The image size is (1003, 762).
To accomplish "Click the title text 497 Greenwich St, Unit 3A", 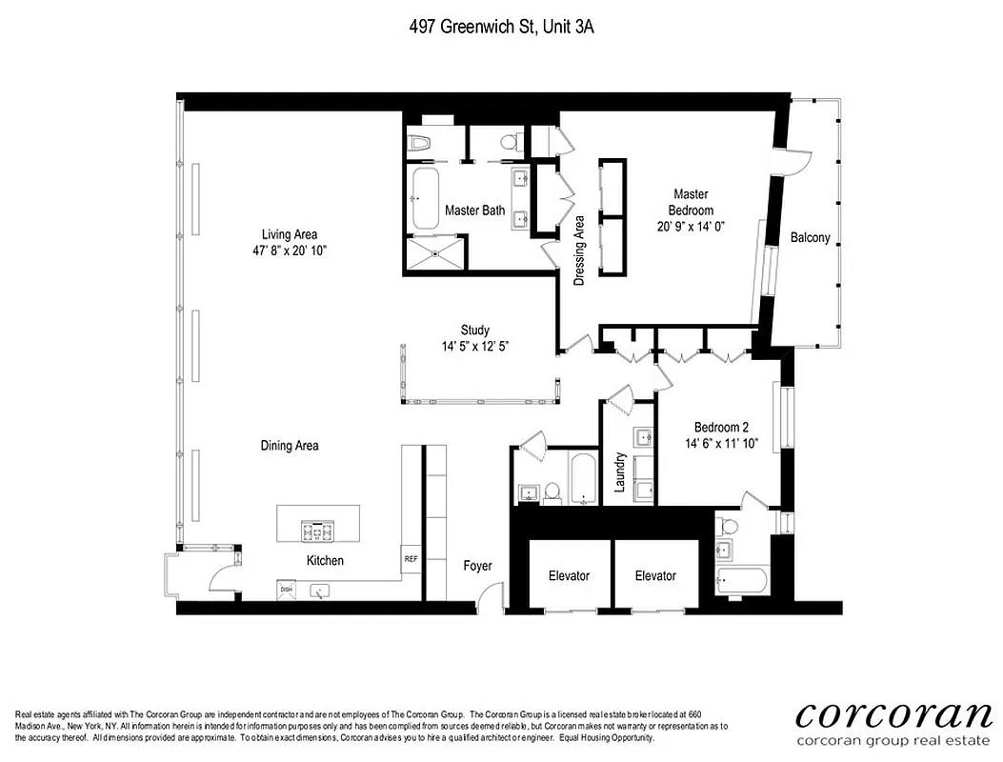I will point(501,28).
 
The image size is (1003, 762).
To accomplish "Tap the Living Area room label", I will point(290,234).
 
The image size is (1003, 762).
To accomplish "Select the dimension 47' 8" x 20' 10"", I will point(290,251).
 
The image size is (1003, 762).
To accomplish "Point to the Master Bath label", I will point(474,211).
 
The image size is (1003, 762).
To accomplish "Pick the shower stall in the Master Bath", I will point(437,253).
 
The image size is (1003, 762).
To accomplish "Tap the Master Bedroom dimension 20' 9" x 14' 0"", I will point(691,227).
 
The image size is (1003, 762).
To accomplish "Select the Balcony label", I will point(811,238).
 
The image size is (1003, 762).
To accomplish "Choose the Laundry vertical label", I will point(619,471).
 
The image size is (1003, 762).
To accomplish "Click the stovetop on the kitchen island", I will point(316,531).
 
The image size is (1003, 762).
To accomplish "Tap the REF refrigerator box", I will point(411,559).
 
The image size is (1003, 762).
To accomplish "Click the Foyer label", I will point(477,566).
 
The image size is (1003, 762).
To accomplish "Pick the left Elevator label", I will point(569,575).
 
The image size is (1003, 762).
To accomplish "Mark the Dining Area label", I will point(290,446).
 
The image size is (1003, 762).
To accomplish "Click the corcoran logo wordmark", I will point(893,714).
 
